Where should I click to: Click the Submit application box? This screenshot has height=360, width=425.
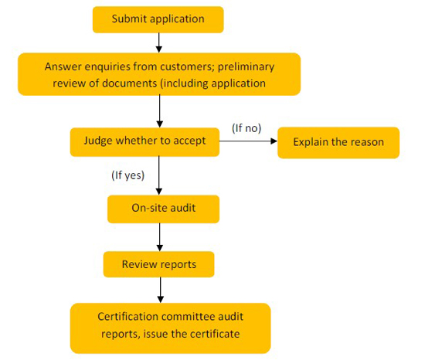158,20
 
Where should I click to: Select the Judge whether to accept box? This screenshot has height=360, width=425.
144,142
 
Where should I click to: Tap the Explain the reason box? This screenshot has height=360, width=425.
338,142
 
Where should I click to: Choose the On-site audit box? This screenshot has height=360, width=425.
164,209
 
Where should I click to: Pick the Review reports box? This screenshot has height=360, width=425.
159,264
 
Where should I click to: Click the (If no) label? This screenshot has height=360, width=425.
246,128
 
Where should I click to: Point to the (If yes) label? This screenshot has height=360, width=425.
128,175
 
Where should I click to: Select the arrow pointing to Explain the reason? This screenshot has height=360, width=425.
248,141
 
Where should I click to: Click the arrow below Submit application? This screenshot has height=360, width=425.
159,42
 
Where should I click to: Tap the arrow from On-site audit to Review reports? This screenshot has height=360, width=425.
160,237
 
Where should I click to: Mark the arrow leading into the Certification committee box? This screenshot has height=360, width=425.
161,290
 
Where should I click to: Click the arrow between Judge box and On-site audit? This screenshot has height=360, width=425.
159,175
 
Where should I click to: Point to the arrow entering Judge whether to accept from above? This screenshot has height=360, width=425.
160,111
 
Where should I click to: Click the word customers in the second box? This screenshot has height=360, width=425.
187,66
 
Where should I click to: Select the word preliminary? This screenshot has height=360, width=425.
246,67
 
